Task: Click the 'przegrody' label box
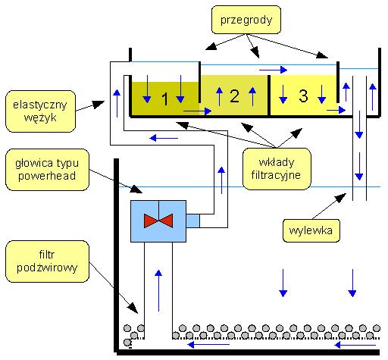(246, 20)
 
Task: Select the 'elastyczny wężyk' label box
(40, 111)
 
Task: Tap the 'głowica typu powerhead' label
(47, 170)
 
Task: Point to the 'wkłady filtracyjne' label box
(277, 169)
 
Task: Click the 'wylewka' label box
(311, 230)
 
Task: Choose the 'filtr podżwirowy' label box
(47, 261)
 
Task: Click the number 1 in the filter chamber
(164, 99)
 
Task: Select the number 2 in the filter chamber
(234, 96)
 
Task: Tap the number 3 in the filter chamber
(303, 95)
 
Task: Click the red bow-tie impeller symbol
(158, 221)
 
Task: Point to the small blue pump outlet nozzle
(192, 221)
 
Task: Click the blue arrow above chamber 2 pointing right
(274, 70)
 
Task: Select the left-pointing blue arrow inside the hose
(164, 138)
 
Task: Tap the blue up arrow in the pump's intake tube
(158, 290)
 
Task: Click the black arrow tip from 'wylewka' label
(346, 194)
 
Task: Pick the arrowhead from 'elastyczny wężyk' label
(104, 102)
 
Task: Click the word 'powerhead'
(47, 176)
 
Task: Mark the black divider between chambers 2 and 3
(269, 95)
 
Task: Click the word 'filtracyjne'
(276, 175)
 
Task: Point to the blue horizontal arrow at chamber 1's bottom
(197, 111)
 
